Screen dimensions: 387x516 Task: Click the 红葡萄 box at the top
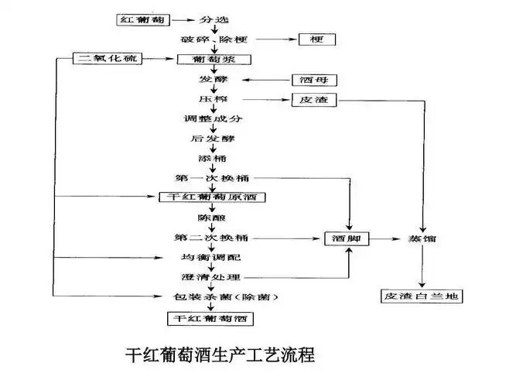pyautogui.click(x=143, y=19)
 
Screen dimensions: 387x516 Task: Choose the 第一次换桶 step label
pyautogui.click(x=211, y=178)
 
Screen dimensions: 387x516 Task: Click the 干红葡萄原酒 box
pyautogui.click(x=212, y=197)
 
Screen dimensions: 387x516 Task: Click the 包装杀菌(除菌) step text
pyautogui.click(x=224, y=297)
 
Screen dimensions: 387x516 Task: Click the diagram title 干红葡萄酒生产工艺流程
pyautogui.click(x=220, y=356)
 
